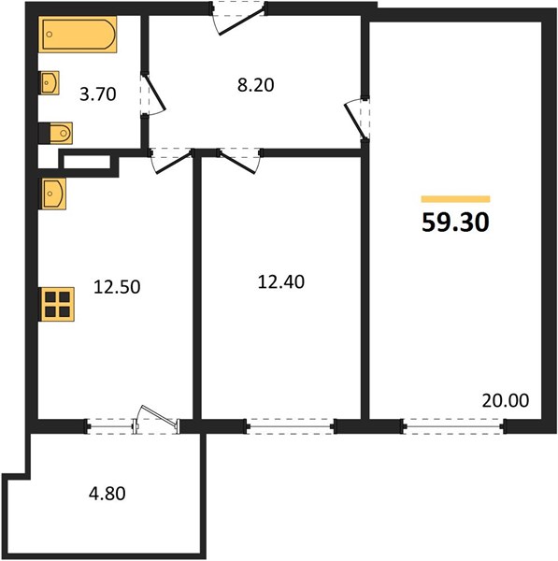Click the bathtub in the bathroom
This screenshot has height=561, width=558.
click(x=78, y=35)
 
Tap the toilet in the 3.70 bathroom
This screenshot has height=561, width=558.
click(x=56, y=134)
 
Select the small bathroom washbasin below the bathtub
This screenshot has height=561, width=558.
click(x=49, y=83)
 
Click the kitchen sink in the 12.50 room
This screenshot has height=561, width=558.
click(x=52, y=194)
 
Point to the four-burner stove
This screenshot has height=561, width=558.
click(x=56, y=304)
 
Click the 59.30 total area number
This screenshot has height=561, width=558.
click(x=455, y=223)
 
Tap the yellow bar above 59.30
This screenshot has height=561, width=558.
click(x=455, y=199)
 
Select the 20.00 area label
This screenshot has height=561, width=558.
click(x=505, y=401)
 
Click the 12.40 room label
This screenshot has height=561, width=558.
click(x=281, y=282)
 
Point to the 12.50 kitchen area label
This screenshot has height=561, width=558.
click(x=117, y=287)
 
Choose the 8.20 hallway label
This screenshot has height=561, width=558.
click(x=256, y=85)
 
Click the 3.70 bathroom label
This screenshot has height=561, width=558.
click(x=97, y=94)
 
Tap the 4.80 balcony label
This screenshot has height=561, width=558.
click(x=107, y=494)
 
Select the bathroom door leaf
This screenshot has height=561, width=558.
click(x=154, y=92)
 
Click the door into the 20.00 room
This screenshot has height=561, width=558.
click(x=355, y=121)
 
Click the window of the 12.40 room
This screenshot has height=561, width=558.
click(x=290, y=426)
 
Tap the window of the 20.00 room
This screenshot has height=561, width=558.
click(x=454, y=426)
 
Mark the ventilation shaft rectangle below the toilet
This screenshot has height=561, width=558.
click(x=87, y=162)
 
